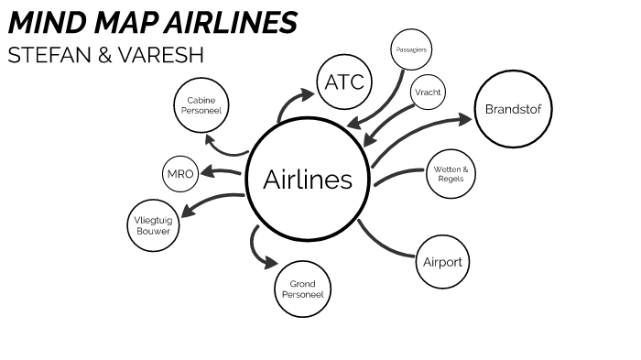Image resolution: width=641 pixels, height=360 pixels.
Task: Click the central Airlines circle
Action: tap(308, 180)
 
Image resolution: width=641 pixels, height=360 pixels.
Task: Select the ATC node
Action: tap(344, 82)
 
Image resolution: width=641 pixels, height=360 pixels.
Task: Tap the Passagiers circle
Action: tap(410, 49)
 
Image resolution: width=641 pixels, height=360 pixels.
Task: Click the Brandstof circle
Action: tap(515, 111)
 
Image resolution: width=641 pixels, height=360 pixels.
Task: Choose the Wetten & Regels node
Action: tap(451, 174)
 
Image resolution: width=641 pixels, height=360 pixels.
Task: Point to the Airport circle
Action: tap(442, 262)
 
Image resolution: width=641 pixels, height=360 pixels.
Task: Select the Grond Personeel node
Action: tap(301, 290)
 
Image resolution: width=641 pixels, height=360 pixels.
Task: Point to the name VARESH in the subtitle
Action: tap(164, 54)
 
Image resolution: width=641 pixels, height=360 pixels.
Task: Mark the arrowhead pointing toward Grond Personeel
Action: tap(269, 262)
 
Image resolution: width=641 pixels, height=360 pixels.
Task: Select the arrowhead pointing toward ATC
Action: tap(306, 94)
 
